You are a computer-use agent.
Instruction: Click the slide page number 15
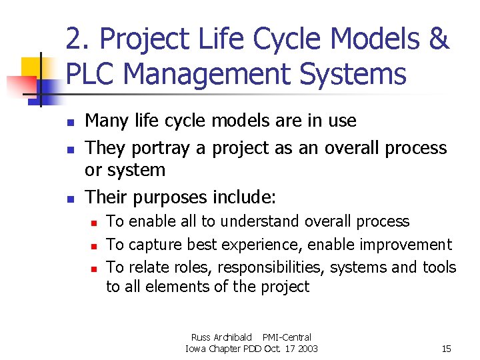(x=447, y=349)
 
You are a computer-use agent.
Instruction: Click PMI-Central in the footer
(x=287, y=337)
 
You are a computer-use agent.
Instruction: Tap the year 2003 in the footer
(x=307, y=349)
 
